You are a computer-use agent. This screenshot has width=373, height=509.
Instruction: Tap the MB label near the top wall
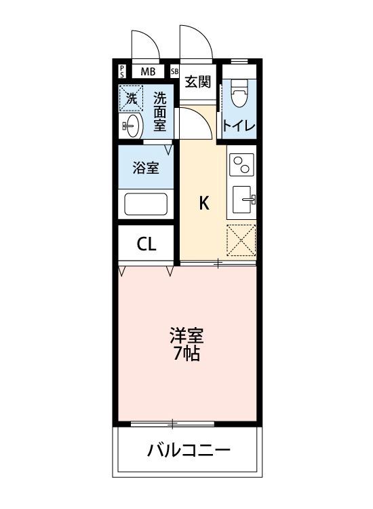point(147,71)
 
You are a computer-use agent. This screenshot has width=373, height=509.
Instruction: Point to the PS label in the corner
point(122,71)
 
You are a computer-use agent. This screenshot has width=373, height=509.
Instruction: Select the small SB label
point(174,71)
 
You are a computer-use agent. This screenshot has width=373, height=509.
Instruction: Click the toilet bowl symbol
point(239,94)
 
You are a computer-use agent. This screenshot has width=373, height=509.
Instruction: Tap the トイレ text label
point(239,126)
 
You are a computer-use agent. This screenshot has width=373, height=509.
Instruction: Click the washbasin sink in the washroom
point(132,125)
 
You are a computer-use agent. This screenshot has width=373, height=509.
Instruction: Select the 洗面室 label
point(160,112)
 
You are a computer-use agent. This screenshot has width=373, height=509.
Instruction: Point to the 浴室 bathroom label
point(146,167)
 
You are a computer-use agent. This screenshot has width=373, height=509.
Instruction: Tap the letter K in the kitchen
point(203,202)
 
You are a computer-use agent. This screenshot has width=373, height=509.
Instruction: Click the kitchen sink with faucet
point(242,200)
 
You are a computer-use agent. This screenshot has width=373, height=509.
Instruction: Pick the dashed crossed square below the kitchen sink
point(241,240)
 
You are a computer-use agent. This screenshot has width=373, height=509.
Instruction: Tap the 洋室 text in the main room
point(186,335)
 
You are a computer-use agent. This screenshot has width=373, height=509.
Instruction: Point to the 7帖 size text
point(186,354)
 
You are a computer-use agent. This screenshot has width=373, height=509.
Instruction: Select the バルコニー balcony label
point(189,451)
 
